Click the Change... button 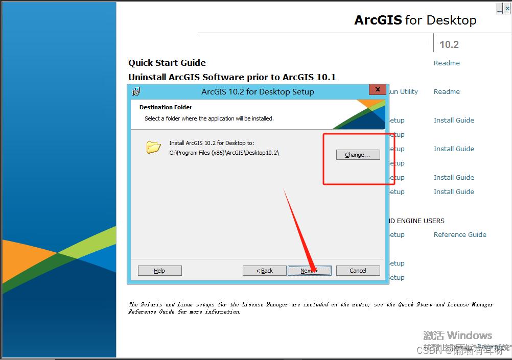(x=358, y=155)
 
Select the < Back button (x=264, y=271)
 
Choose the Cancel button (x=358, y=271)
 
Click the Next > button (x=309, y=271)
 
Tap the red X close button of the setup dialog (x=377, y=90)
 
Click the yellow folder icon (x=153, y=148)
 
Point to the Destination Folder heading (x=166, y=107)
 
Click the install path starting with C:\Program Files (x=224, y=153)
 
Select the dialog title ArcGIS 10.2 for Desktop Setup (x=258, y=92)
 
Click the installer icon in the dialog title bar (x=136, y=92)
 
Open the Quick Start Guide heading (x=167, y=63)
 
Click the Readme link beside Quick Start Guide (x=447, y=63)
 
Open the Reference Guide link (x=460, y=234)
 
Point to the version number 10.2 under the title (x=449, y=45)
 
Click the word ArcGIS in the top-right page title (x=378, y=20)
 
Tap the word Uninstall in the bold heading (x=149, y=77)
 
